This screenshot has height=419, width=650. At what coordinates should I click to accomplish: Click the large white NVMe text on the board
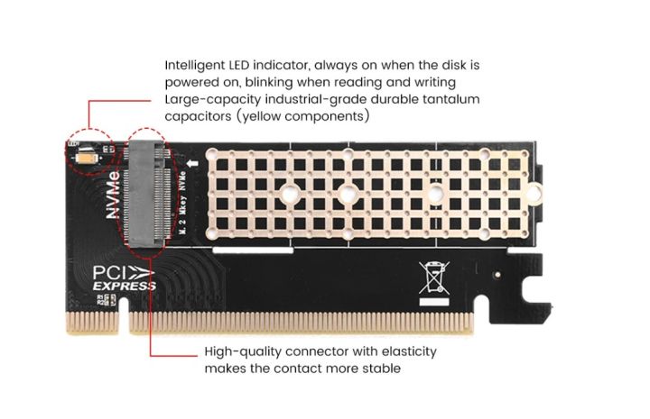pos(113,195)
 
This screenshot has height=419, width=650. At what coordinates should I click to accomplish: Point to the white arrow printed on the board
pos(192,163)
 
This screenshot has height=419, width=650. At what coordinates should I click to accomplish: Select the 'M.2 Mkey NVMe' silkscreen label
pos(181,203)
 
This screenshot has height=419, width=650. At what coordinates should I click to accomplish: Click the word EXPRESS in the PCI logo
pos(125,286)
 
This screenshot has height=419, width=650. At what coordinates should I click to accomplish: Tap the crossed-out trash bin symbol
pos(433,278)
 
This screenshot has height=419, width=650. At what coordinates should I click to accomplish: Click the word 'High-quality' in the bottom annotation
pos(243,352)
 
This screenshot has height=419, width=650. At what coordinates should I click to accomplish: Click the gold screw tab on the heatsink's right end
pos(534,193)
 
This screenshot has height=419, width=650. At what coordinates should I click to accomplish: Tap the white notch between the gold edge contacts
pos(124,314)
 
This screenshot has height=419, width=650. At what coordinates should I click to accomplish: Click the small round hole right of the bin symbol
pos(497,274)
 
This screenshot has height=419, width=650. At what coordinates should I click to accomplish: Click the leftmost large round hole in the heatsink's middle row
pos(290,193)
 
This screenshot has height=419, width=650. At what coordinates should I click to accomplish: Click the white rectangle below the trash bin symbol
pos(434,302)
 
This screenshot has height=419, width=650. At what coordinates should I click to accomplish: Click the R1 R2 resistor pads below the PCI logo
pos(107,300)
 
